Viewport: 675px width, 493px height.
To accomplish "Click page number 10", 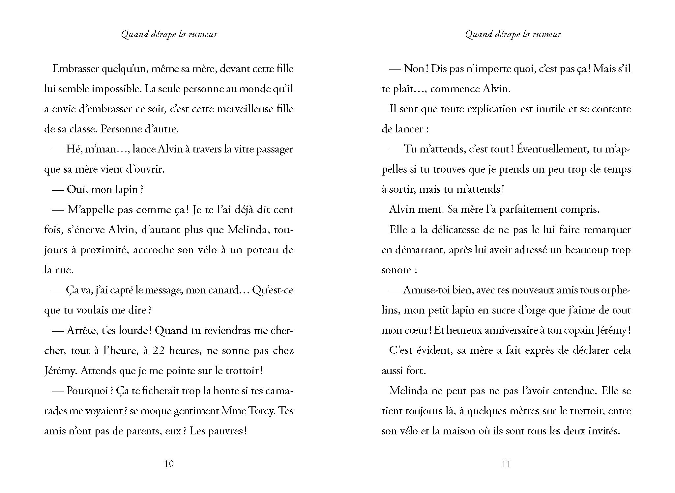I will (x=169, y=464).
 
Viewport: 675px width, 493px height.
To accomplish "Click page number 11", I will (x=506, y=464).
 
